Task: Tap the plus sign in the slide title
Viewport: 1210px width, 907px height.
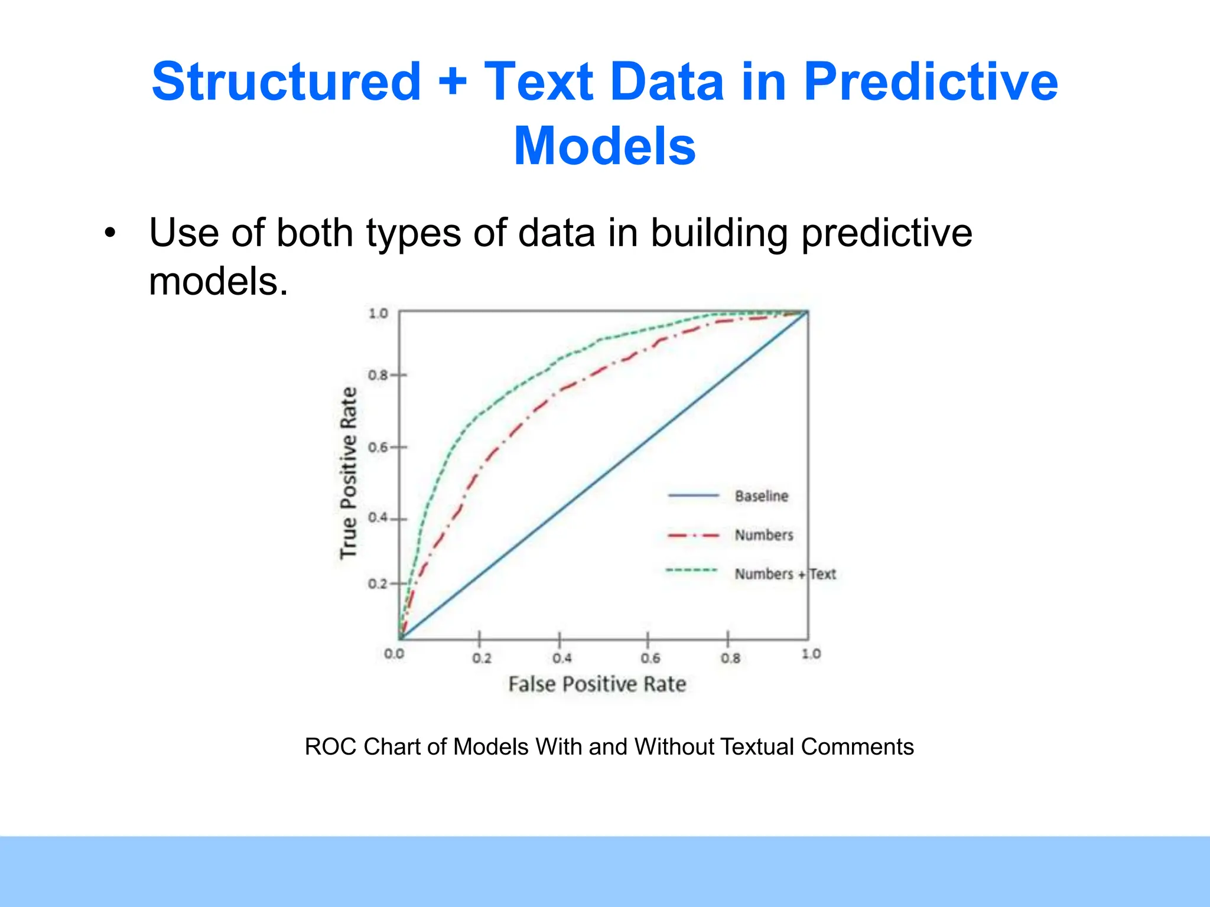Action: point(453,83)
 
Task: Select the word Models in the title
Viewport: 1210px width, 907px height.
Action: point(604,146)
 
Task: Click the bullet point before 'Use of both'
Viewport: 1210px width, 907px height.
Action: point(110,234)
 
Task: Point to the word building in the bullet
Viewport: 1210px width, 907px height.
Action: point(719,233)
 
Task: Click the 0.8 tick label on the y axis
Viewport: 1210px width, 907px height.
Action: point(378,375)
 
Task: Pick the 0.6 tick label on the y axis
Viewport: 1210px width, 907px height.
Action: point(378,447)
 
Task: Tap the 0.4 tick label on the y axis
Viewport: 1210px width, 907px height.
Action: point(378,518)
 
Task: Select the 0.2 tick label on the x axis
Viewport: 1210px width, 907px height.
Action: point(482,658)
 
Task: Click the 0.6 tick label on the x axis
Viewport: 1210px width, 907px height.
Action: point(650,658)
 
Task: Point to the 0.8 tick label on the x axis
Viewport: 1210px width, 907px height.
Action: point(730,658)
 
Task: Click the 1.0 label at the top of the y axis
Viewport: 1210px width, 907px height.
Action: point(378,313)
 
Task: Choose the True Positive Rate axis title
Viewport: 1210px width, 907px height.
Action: point(349,472)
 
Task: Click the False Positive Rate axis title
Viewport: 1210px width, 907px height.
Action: point(597,684)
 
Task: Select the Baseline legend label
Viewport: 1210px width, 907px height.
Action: point(761,496)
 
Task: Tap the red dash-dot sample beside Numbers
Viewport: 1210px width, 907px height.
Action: point(693,536)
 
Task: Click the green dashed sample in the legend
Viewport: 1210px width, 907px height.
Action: point(691,570)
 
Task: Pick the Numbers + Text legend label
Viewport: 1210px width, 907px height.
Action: point(785,574)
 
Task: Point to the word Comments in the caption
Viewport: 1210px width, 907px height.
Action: point(857,747)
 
